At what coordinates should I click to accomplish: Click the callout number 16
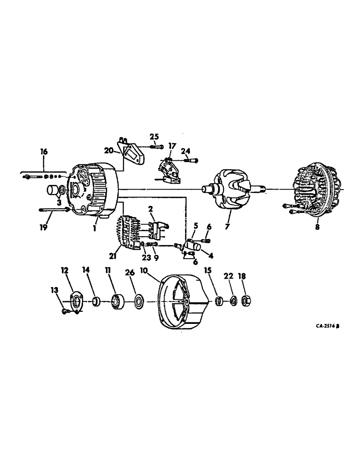[44, 152]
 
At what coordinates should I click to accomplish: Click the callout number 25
[154, 136]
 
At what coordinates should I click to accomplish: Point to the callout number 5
[196, 226]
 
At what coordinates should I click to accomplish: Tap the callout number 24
[186, 151]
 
